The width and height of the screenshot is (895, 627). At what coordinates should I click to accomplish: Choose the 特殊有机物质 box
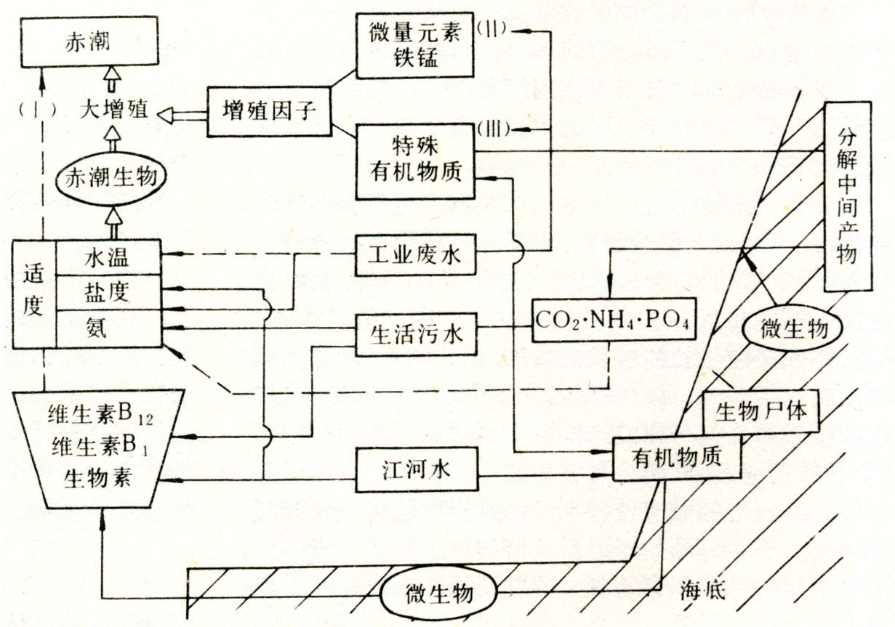pyautogui.click(x=414, y=159)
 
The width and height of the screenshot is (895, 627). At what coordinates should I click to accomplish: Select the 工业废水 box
pyautogui.click(x=416, y=255)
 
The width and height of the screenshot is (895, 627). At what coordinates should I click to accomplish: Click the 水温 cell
pyautogui.click(x=107, y=256)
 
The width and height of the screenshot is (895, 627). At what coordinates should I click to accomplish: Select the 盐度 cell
pyautogui.click(x=107, y=293)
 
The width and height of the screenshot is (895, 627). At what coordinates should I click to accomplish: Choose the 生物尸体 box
pyautogui.click(x=760, y=412)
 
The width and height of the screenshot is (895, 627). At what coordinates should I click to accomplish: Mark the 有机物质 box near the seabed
pyautogui.click(x=677, y=458)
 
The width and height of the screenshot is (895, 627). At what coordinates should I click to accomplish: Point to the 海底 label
pyautogui.click(x=703, y=590)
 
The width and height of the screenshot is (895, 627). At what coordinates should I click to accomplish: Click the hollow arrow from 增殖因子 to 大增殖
pyautogui.click(x=181, y=113)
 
